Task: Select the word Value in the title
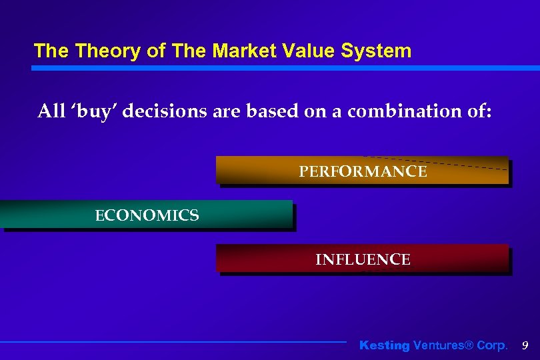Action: point(305,51)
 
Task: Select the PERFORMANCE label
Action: point(363,172)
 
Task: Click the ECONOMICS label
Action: point(147,215)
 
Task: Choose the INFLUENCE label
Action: point(363,259)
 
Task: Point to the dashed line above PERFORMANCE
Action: point(433,163)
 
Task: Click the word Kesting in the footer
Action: point(384,345)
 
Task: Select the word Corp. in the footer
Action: point(491,345)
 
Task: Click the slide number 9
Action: point(525,345)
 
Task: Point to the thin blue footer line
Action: point(173,342)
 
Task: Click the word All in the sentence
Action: point(51,111)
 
